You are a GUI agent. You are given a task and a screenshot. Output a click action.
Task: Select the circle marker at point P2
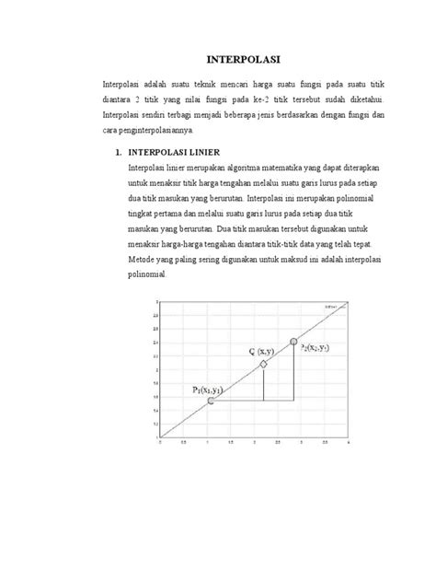click(293, 343)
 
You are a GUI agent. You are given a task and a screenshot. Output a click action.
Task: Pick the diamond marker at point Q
click(263, 365)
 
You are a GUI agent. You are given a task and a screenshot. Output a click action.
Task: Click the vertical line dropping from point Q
click(263, 385)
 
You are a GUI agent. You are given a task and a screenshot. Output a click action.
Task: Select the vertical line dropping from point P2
click(293, 373)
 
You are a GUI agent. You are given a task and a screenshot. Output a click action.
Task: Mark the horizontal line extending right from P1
click(252, 401)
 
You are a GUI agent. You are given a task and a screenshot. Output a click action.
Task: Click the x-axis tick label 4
click(349, 443)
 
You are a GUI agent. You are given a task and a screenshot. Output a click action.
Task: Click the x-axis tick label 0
click(162, 443)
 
